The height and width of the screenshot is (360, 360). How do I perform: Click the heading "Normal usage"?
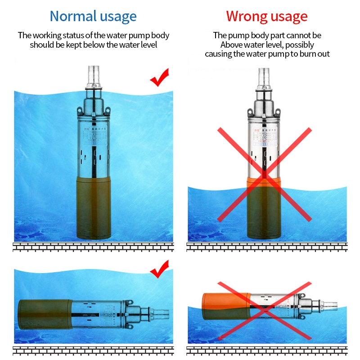tap(93, 17)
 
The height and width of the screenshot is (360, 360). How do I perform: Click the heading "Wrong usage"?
tap(267, 17)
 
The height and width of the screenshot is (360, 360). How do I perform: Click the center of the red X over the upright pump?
tap(265, 174)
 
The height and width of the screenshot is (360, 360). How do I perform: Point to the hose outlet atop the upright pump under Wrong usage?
tap(264, 76)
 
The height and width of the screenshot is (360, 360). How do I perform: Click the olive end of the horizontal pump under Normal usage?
tap(43, 312)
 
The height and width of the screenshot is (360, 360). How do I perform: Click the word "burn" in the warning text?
tap(295, 54)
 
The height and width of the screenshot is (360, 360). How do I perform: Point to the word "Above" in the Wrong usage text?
tap(232, 45)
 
